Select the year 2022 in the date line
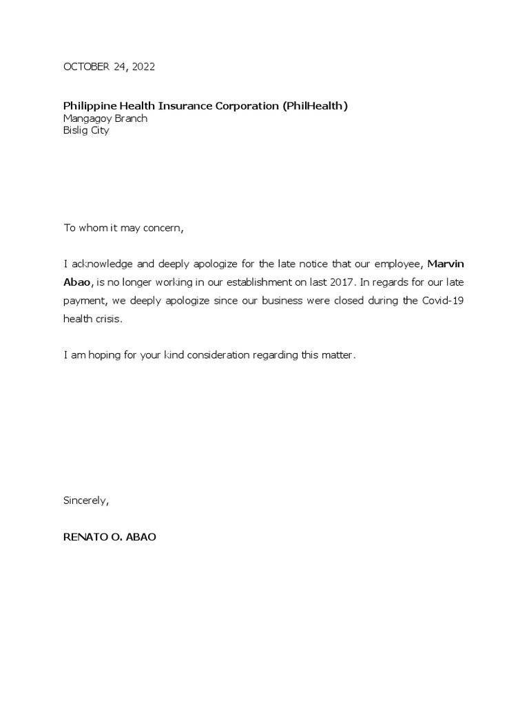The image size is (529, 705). point(143,67)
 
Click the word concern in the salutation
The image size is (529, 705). point(163,229)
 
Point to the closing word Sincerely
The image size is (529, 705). point(85,501)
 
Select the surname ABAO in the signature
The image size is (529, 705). point(142,537)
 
